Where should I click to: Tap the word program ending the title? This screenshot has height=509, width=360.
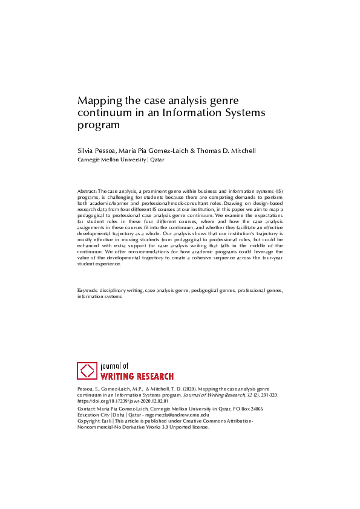click(99, 125)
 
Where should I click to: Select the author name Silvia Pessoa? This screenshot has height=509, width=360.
click(97, 150)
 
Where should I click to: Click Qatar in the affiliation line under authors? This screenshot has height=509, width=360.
click(157, 160)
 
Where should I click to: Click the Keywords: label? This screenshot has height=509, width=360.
click(88, 291)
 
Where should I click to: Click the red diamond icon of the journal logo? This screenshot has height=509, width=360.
click(87, 371)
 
